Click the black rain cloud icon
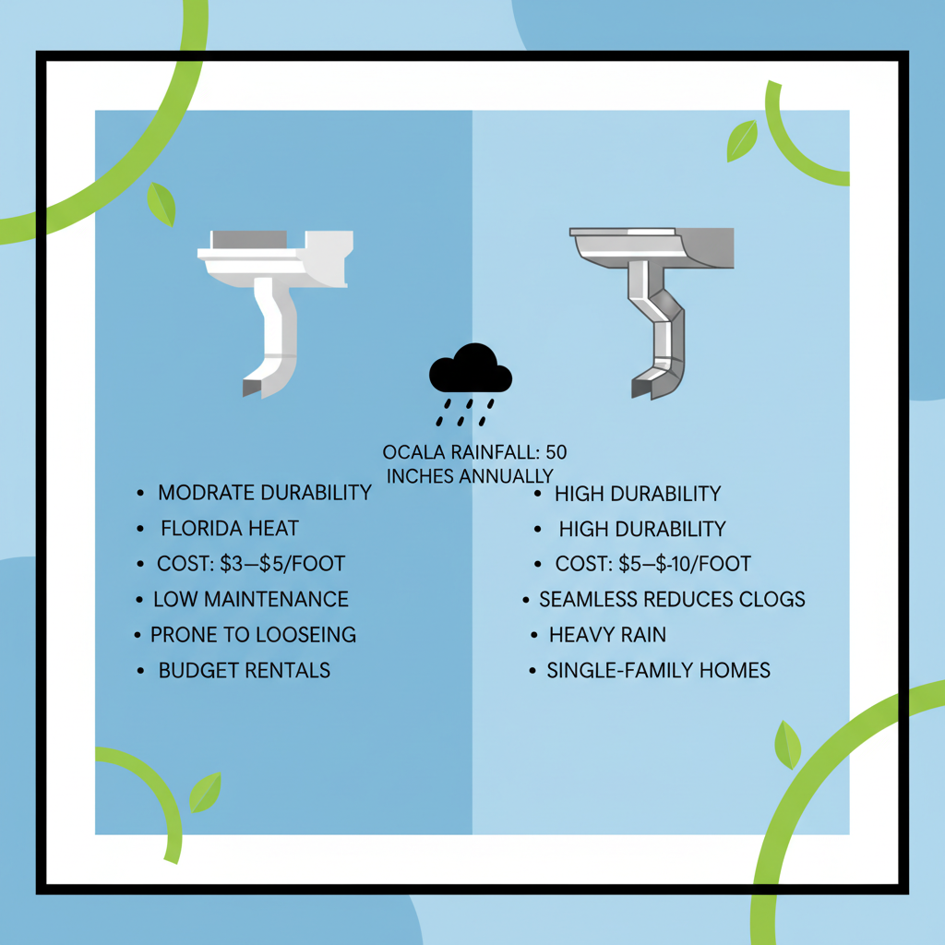coord(470,370)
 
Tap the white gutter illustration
coord(275,295)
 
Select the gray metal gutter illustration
coord(653,295)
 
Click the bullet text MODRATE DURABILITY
coord(264,492)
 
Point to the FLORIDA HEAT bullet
coord(230,529)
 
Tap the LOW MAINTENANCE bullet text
coord(251,599)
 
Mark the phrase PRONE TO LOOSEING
coord(253,635)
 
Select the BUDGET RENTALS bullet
coord(244,670)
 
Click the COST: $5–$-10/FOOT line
coord(653,564)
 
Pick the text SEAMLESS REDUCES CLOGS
coord(672,599)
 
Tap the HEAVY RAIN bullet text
coord(607,635)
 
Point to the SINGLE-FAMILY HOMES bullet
coord(658,670)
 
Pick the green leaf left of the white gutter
coord(161,204)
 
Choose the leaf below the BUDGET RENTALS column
coord(205,793)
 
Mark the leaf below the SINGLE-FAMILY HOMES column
coord(787,746)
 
